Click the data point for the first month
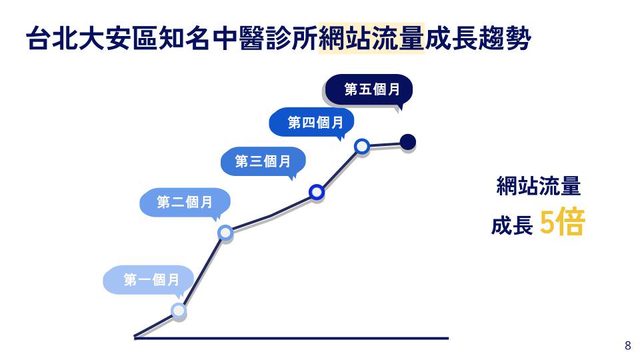pyautogui.click(x=178, y=310)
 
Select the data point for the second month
pyautogui.click(x=225, y=232)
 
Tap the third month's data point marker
pyautogui.click(x=317, y=193)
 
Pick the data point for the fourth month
pyautogui.click(x=362, y=146)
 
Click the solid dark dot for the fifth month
pyautogui.click(x=408, y=141)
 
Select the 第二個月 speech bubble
pyautogui.click(x=185, y=202)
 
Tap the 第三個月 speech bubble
pyautogui.click(x=263, y=161)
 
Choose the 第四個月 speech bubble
pyautogui.click(x=311, y=123)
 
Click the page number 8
pyautogui.click(x=627, y=345)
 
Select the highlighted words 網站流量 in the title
pyautogui.click(x=371, y=39)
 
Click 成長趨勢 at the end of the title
pyautogui.click(x=478, y=39)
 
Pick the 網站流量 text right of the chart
pyautogui.click(x=539, y=187)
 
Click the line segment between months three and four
pyautogui.click(x=339, y=169)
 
